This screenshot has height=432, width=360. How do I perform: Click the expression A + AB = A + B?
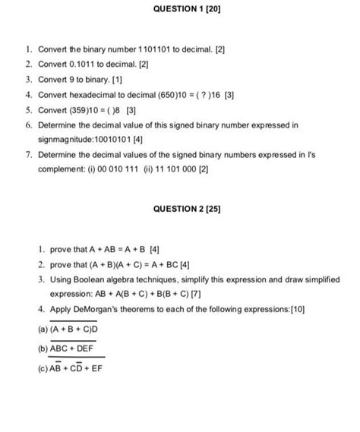(109, 249)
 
